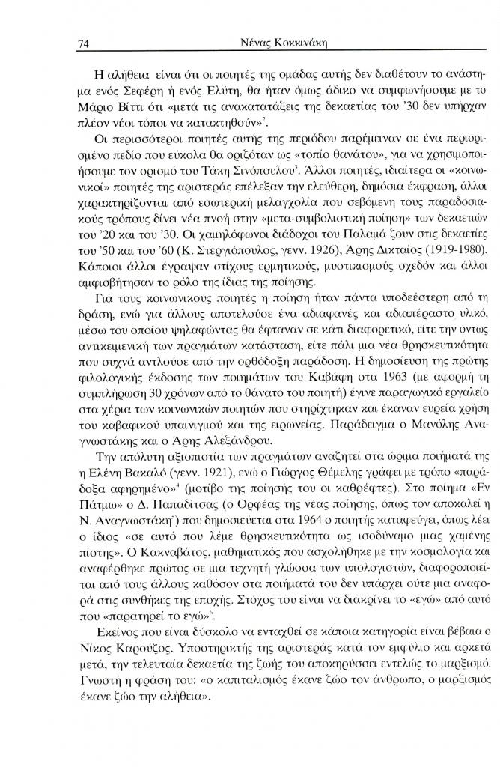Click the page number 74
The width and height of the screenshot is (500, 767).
[84, 44]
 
